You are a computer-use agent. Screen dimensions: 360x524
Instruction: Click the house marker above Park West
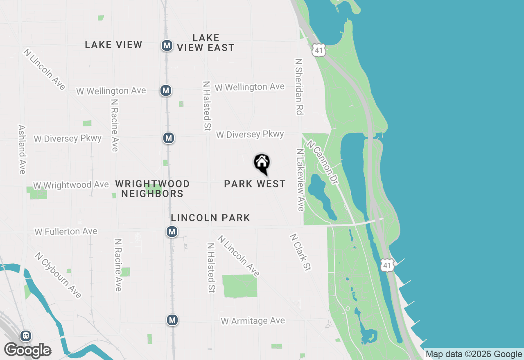[262, 163]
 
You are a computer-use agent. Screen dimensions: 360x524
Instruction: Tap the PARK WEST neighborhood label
[255, 184]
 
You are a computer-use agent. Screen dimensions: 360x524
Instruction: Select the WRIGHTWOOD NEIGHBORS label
[152, 189]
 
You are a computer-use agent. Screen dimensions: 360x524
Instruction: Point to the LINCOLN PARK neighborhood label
[210, 218]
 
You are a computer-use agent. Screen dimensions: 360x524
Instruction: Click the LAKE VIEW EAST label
[206, 43]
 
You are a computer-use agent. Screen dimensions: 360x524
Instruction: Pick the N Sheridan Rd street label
[299, 86]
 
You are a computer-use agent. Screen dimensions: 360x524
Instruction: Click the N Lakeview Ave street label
[301, 180]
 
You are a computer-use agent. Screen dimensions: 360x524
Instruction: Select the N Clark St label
[300, 252]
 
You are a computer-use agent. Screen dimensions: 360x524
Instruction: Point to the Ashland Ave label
[22, 149]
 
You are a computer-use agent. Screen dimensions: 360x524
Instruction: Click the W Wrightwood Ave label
[71, 185]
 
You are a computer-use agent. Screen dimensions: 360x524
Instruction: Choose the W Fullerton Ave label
[66, 232]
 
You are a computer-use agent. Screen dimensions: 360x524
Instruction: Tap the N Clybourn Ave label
[58, 275]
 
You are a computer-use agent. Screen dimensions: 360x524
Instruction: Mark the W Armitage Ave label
[253, 321]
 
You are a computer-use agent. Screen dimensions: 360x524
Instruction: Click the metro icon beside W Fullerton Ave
[172, 232]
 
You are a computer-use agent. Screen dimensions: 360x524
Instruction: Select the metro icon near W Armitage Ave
[172, 320]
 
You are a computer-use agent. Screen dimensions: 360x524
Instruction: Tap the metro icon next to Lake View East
[167, 45]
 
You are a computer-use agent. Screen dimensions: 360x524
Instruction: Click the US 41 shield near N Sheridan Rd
[318, 50]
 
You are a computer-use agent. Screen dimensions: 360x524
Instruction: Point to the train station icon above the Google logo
[26, 336]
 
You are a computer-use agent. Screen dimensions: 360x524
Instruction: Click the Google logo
[28, 351]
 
